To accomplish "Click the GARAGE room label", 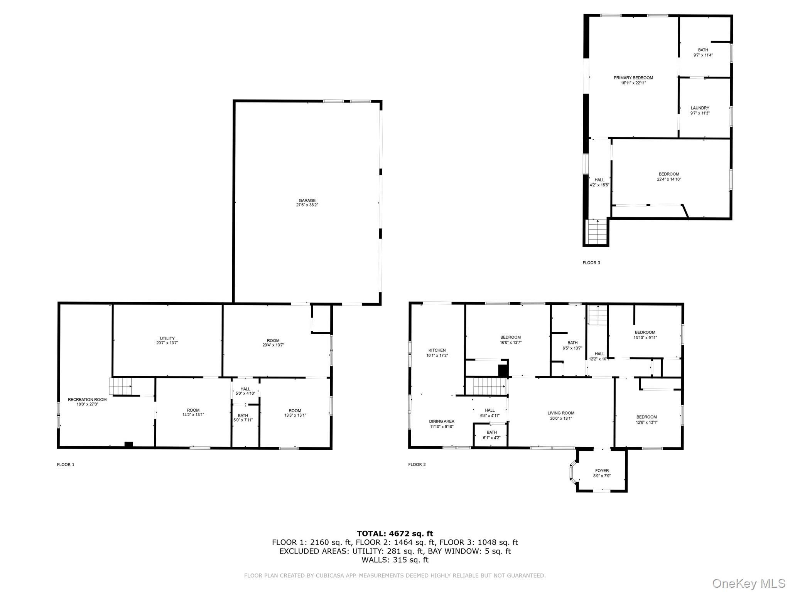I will click(307, 200).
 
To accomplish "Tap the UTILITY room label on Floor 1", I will click(167, 338).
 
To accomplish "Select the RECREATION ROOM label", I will click(87, 400).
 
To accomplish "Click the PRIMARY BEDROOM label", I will click(633, 78).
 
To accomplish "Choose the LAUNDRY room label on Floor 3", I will click(700, 108).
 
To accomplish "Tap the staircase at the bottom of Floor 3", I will click(597, 232).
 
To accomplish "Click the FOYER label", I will click(602, 471).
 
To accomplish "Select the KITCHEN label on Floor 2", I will click(437, 350).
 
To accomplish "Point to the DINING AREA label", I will click(442, 421).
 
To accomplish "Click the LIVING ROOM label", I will click(561, 413).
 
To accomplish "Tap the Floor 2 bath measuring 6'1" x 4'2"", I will click(491, 435).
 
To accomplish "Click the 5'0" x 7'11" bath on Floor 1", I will click(243, 418).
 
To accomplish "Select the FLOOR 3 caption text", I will click(591, 263).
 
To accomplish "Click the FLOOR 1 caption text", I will click(66, 464).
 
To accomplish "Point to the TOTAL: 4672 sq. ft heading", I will click(395, 533).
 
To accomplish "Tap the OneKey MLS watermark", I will click(748, 583).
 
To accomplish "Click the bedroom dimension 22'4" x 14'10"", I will click(669, 179).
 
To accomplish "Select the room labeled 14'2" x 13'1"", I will click(193, 412).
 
